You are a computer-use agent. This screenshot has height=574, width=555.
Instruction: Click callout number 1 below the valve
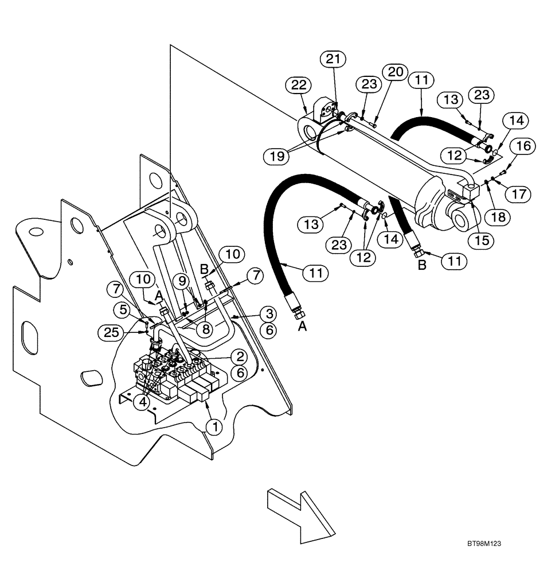pos(215,426)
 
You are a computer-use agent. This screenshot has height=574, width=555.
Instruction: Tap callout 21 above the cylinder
pos(334,59)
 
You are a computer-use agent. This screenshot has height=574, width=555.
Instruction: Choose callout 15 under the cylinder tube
pos(482,240)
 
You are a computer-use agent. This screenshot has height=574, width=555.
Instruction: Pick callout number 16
pos(525,147)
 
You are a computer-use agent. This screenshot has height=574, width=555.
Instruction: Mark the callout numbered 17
pos(518,194)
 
